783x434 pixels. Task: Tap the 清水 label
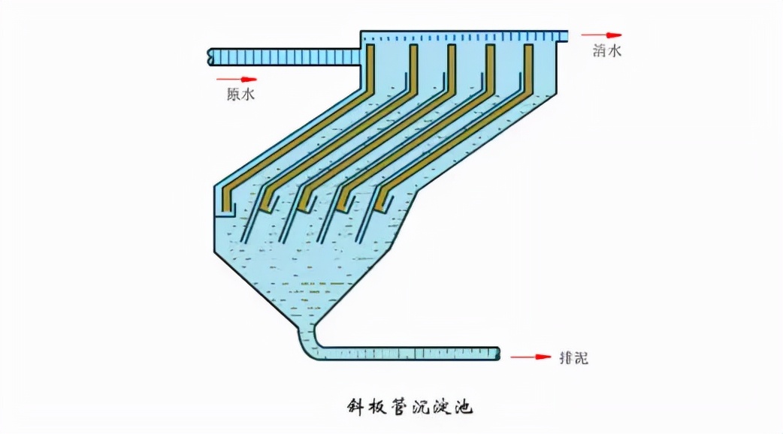click(607, 51)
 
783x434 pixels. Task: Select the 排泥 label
click(573, 358)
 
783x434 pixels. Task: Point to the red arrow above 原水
click(237, 79)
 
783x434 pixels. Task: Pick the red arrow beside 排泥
click(531, 357)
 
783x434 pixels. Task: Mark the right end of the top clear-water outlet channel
click(564, 35)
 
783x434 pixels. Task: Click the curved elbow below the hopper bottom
click(310, 345)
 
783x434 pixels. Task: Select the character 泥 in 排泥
click(581, 358)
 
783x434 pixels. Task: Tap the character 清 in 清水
click(599, 51)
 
